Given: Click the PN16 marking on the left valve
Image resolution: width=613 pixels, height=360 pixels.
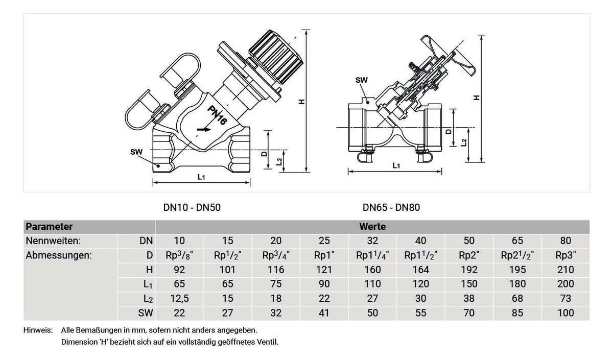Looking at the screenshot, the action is [217, 115].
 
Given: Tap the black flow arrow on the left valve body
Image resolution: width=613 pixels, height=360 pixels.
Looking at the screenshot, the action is [204, 129].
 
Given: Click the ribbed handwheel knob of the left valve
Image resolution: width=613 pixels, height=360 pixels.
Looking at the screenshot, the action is [276, 56].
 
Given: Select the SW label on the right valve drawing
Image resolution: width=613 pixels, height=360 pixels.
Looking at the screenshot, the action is [362, 80].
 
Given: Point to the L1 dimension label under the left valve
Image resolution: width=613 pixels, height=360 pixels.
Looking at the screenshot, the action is [201, 177].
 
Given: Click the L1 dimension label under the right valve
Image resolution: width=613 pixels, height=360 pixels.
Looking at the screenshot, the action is [396, 166].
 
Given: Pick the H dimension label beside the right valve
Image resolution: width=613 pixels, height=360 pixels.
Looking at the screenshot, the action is [477, 98].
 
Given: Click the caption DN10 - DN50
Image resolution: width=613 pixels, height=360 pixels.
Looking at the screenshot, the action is [192, 207].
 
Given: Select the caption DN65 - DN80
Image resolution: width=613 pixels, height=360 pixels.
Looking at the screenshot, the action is [391, 207].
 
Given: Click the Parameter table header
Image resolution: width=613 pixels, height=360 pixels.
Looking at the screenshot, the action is [49, 227].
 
